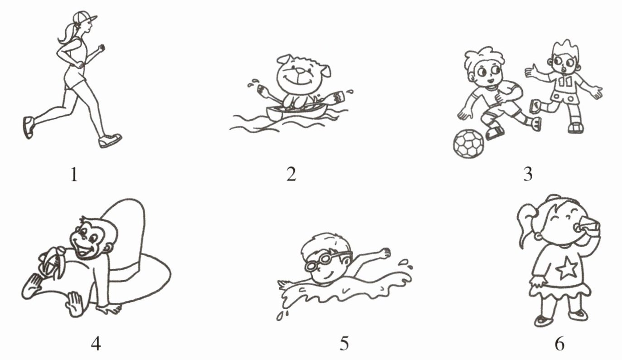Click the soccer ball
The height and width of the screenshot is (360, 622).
(469, 144)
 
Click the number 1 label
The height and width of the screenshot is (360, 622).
(74, 175)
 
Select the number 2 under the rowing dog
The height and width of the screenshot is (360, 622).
(292, 175)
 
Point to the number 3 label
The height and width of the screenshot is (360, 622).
(528, 175)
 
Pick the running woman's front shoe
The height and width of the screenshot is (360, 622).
(110, 141)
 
